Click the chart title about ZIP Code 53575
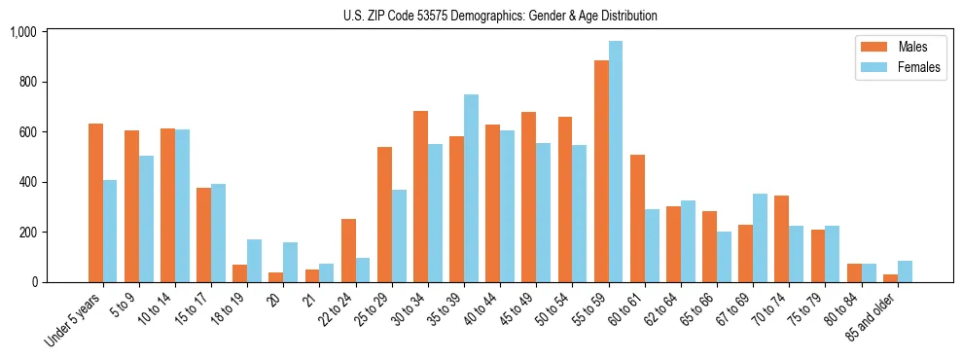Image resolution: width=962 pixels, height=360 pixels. [x=500, y=16]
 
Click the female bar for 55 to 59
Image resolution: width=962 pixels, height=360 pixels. [x=616, y=162]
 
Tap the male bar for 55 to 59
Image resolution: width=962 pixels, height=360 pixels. [x=601, y=171]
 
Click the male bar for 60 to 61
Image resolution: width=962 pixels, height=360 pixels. [x=637, y=218]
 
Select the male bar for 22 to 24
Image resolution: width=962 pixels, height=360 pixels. [x=348, y=250]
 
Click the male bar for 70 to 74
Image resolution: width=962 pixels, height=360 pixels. [x=781, y=238]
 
